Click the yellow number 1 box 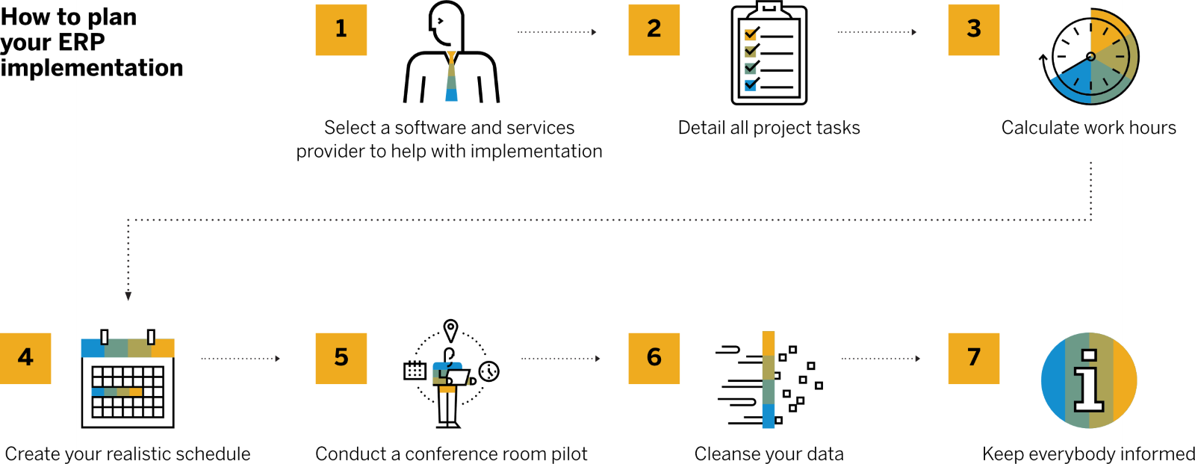[x=341, y=30]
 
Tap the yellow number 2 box [x=654, y=30]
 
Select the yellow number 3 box [x=974, y=30]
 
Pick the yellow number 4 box [x=26, y=359]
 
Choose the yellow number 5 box [x=341, y=359]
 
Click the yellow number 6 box [x=654, y=359]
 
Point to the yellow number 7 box [x=974, y=359]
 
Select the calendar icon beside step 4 [x=128, y=381]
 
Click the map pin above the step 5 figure [x=450, y=330]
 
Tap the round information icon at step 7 [x=1089, y=380]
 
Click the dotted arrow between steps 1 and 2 [x=557, y=32]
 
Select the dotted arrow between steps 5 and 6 [x=561, y=359]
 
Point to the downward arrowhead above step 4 [x=128, y=296]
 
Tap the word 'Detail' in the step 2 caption [x=701, y=128]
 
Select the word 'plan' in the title [x=112, y=17]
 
